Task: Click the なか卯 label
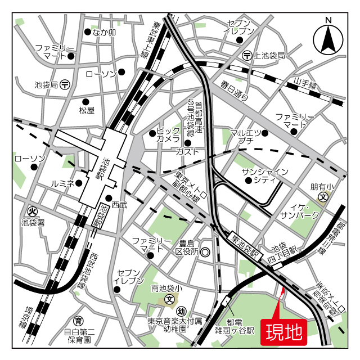[x=104, y=33]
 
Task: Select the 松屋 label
[x=87, y=110]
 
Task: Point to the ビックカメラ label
[x=168, y=135]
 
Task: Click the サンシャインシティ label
[x=264, y=175]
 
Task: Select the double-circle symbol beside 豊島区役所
[x=205, y=252]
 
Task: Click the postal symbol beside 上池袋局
[x=247, y=55]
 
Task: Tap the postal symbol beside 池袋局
[x=65, y=85]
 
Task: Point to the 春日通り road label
[x=235, y=91]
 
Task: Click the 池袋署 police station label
[x=33, y=222]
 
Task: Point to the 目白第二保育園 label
[x=79, y=336]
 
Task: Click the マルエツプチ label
[x=245, y=136]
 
